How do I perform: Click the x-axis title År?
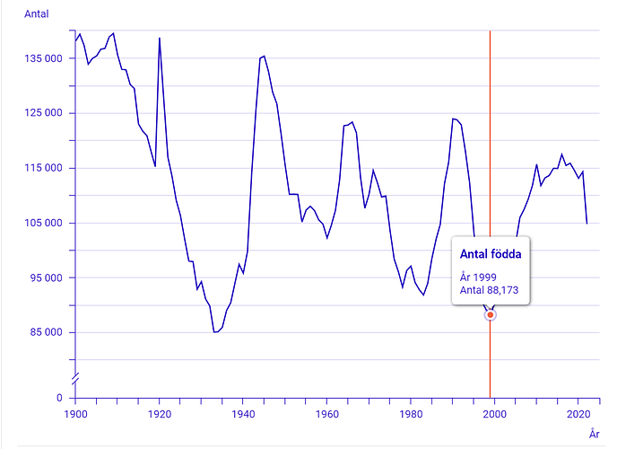click(595, 433)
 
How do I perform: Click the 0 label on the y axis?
click(59, 398)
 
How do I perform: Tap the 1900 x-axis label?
click(75, 415)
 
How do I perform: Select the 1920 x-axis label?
click(160, 415)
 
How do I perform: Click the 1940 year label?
click(243, 415)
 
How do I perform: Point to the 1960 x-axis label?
click(327, 415)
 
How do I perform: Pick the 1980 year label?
click(412, 415)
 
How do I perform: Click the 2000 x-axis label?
click(495, 415)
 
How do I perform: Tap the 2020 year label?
click(578, 415)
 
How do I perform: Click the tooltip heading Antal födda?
click(491, 254)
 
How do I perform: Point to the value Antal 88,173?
click(490, 290)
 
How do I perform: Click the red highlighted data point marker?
click(491, 315)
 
